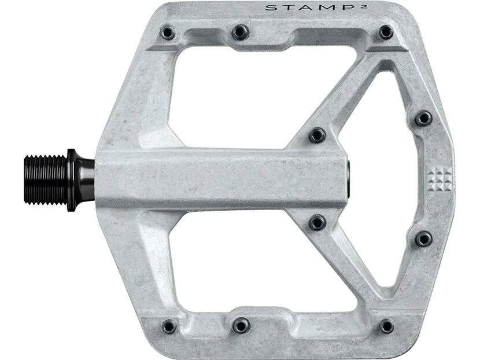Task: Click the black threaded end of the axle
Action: tap(45, 180)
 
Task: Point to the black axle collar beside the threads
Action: tap(80, 180)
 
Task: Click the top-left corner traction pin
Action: tap(168, 33)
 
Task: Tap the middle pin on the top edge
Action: tap(240, 32)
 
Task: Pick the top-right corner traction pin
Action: tap(386, 32)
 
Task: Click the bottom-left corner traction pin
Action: tap(169, 326)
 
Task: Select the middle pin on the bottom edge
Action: tap(241, 325)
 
